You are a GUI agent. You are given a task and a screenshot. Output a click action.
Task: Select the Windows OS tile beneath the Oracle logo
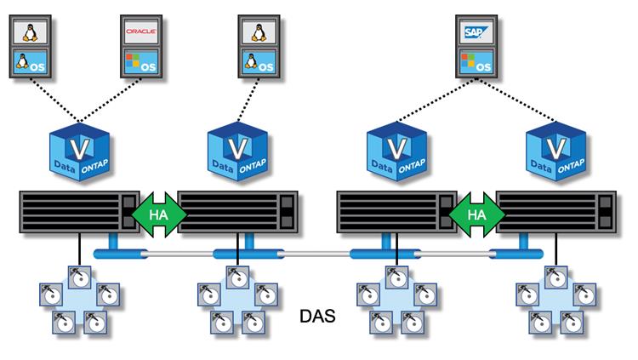pos(142,63)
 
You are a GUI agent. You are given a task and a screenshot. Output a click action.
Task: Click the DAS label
pos(318,317)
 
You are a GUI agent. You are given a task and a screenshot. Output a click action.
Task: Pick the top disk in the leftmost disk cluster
pos(79,276)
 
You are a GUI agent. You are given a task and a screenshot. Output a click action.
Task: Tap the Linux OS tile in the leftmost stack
pos(31,63)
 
